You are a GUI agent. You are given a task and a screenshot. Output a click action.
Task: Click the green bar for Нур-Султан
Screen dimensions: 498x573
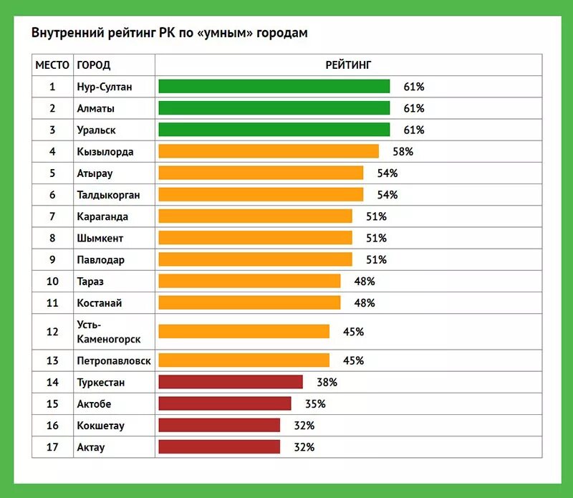274,87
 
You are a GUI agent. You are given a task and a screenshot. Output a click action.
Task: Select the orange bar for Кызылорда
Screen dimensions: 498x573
268,151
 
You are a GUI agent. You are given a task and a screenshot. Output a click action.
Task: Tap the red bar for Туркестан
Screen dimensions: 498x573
230,382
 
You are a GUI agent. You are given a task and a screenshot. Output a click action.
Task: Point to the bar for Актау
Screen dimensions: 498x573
218,447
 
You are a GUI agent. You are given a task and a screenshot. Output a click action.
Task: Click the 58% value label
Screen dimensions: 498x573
403,152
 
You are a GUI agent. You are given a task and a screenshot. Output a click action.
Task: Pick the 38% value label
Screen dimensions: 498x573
327,382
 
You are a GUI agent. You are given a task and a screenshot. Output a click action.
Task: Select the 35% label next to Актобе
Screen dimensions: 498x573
315,404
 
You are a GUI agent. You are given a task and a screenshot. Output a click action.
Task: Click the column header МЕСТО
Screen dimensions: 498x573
52,65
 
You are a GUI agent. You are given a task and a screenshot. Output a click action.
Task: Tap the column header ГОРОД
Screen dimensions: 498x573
94,65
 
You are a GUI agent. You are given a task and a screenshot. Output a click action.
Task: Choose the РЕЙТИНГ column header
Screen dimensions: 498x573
348,65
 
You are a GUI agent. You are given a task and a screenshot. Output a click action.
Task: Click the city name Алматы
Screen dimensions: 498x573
96,109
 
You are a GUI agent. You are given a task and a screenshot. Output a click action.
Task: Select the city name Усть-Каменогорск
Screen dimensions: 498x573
108,332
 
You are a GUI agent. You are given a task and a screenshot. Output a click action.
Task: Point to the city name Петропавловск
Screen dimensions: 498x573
114,361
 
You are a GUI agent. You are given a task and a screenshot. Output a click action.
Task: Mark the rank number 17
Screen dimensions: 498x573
52,447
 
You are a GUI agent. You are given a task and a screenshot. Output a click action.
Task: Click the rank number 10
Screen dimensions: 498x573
52,282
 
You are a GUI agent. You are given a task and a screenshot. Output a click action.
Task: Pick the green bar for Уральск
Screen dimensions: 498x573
274,130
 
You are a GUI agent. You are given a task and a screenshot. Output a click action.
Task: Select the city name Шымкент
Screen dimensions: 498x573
100,238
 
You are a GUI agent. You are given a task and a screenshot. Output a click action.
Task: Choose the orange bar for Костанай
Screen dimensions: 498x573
249,303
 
